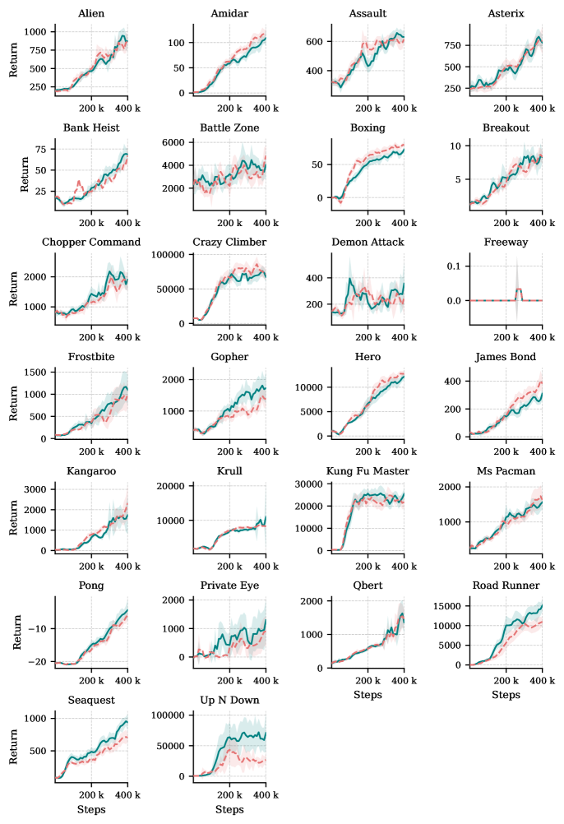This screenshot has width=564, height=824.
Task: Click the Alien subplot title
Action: tap(91, 14)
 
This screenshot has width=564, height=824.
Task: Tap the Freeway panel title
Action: tap(506, 243)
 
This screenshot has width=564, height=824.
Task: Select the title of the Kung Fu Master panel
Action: tap(368, 470)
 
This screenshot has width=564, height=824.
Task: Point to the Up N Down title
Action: tap(229, 700)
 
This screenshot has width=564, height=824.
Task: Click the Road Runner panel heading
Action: tap(506, 586)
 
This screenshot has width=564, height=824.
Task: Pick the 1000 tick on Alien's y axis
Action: tap(36, 30)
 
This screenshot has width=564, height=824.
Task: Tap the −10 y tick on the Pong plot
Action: tap(38, 628)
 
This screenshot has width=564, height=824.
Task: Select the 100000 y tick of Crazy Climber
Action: tap(168, 255)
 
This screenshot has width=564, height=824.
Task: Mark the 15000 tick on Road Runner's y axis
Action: tap(446, 607)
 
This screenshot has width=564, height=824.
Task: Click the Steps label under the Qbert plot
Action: tap(368, 696)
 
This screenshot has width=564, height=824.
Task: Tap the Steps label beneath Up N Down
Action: tap(229, 810)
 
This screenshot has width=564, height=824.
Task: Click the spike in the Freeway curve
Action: tap(519, 289)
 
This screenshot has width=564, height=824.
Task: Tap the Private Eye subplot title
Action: tap(229, 586)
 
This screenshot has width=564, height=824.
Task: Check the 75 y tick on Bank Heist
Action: tap(40, 150)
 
